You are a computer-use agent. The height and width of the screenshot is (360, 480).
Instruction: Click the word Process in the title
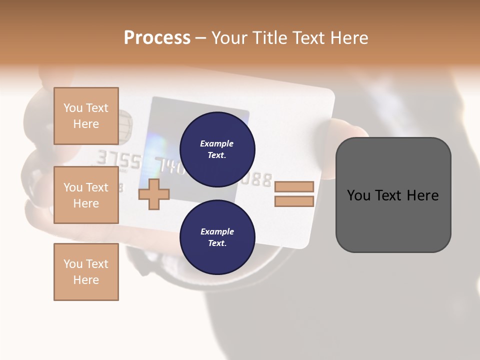click(157, 37)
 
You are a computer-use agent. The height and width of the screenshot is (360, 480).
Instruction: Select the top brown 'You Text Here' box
click(86, 116)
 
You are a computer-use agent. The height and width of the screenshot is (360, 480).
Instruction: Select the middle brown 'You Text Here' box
click(86, 195)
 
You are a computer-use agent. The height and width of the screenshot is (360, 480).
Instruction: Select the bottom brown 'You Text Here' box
click(86, 271)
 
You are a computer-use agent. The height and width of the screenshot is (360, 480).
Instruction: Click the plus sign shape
click(153, 194)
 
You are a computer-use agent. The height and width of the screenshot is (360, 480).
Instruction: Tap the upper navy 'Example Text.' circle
click(217, 149)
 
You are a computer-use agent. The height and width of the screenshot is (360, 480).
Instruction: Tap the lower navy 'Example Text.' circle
click(217, 237)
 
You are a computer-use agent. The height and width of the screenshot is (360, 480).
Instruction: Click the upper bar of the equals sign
click(294, 186)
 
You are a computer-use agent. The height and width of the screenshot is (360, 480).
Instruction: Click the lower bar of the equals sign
click(294, 201)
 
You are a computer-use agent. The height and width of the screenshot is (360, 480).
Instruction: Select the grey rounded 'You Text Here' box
click(393, 195)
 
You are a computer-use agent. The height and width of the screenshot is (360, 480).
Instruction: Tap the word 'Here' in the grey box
click(423, 195)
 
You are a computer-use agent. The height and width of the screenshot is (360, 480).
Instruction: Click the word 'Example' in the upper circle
click(217, 143)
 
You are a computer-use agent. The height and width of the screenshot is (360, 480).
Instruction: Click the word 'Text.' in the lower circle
click(217, 243)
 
